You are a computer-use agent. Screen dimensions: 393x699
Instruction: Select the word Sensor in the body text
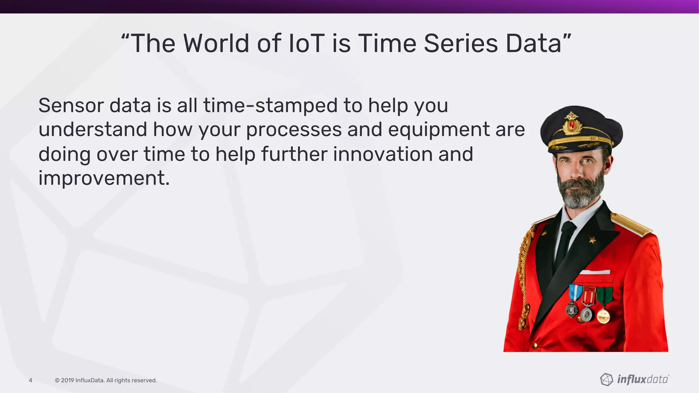(x=70, y=105)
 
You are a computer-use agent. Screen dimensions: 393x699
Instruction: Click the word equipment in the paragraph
(x=439, y=130)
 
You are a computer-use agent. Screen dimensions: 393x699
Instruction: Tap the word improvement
(x=104, y=178)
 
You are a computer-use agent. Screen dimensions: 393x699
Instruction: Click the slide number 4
(x=30, y=380)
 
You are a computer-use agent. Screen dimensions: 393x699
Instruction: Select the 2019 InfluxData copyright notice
(x=106, y=380)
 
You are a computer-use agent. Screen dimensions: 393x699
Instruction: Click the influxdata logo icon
(x=607, y=379)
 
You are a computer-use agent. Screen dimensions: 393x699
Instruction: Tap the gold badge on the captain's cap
(x=572, y=123)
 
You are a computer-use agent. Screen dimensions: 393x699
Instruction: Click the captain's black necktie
(x=565, y=244)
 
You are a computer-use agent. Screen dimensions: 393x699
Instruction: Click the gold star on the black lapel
(x=593, y=240)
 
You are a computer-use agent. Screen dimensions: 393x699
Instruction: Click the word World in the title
(x=216, y=44)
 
